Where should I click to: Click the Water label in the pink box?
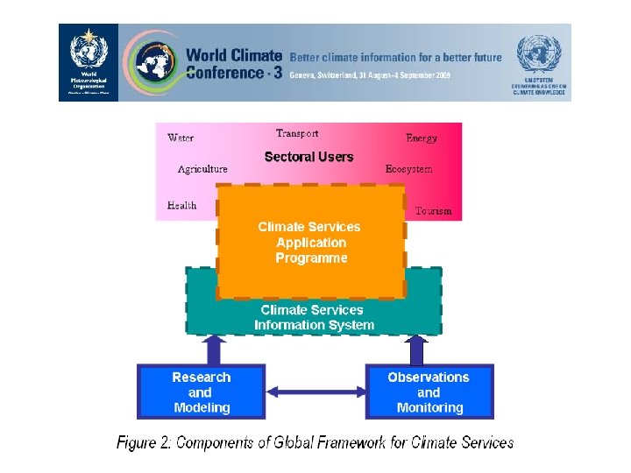181,138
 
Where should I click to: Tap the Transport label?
297,133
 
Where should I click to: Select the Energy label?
422,138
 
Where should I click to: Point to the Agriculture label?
202,169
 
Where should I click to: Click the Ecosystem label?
408,169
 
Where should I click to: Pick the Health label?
181,206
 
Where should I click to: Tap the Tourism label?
433,211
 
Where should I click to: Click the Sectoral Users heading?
308,157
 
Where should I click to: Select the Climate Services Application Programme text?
310,243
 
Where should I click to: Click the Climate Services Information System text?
314,317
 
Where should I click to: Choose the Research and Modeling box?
201,392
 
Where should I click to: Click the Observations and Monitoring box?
429,392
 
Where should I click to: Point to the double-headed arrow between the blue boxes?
315,392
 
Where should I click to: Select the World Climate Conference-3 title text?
233,64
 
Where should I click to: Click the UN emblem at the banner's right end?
537,54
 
